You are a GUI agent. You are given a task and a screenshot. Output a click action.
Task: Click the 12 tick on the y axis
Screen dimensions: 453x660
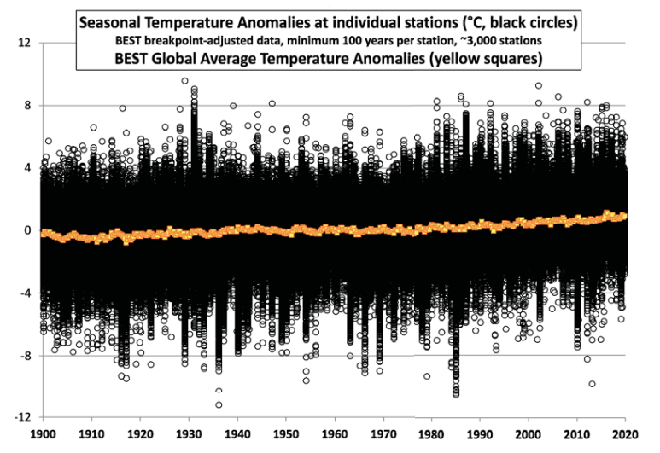(23, 44)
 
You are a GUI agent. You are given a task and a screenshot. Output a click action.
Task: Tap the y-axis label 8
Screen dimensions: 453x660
(26, 106)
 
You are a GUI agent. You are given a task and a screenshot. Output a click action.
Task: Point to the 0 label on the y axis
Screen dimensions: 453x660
(26, 230)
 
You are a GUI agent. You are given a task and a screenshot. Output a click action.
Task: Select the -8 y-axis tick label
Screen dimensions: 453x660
(24, 355)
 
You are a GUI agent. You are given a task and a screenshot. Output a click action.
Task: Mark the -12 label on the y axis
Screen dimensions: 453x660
(20, 417)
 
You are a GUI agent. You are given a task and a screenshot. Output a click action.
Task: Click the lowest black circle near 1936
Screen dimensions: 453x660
(219, 404)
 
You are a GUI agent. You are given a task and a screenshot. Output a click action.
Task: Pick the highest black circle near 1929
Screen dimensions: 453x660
(185, 81)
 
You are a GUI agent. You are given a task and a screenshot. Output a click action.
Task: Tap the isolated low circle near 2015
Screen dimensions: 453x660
(592, 384)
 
